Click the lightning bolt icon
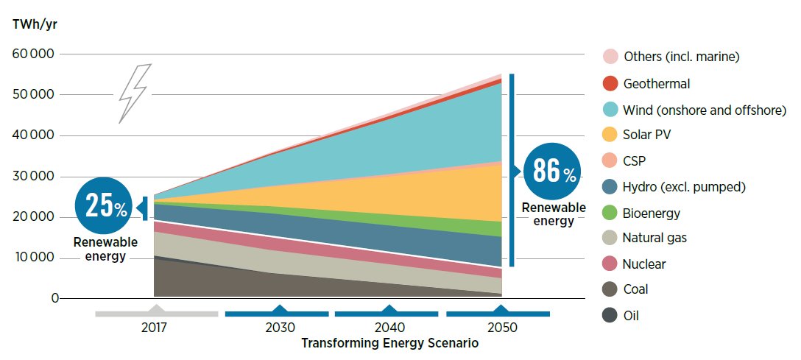(x=135, y=93)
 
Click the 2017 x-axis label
(x=155, y=328)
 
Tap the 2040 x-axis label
(x=389, y=328)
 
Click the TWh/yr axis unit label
(x=34, y=24)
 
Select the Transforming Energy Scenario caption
(x=389, y=343)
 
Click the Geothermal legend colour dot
(x=609, y=84)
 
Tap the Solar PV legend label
(x=646, y=135)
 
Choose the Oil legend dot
(x=609, y=315)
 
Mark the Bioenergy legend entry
(x=651, y=213)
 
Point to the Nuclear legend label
(x=644, y=264)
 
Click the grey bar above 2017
(x=156, y=313)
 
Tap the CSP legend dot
(x=609, y=161)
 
